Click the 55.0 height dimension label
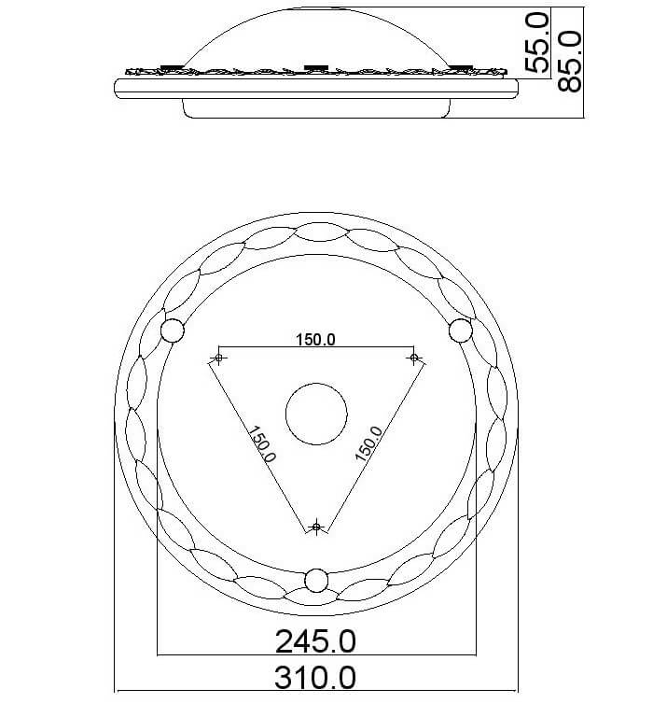(536, 43)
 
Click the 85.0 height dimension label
(569, 62)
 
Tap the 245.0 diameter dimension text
(315, 641)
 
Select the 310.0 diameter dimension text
(315, 678)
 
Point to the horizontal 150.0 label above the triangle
(315, 340)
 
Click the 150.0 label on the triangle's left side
(262, 443)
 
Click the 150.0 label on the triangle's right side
(369, 443)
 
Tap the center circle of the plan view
(316, 414)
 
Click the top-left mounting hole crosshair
(218, 358)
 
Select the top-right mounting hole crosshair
(414, 358)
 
